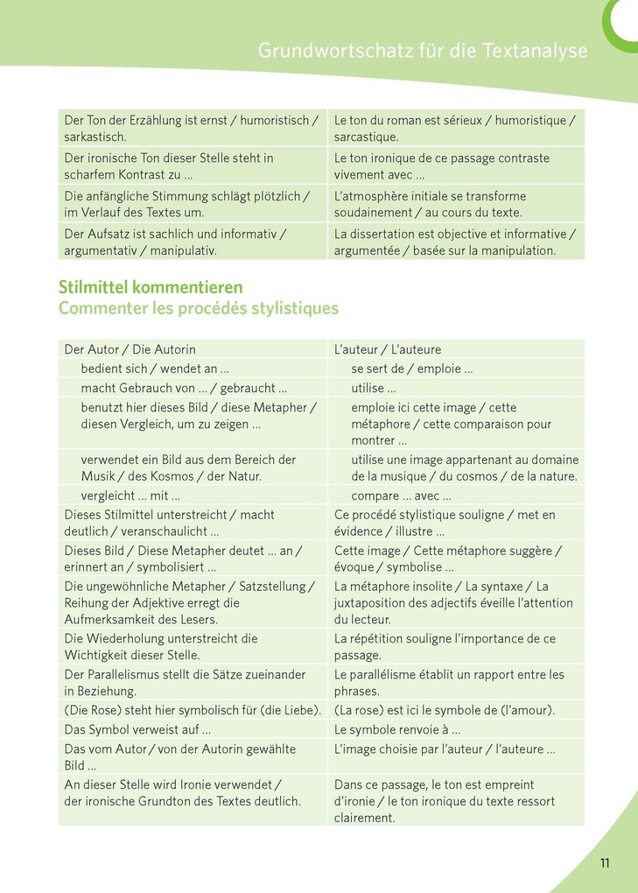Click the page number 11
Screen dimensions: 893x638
605,863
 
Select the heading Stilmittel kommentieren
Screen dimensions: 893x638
151,287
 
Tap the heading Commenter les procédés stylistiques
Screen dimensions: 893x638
199,308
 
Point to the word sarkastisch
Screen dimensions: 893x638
95,137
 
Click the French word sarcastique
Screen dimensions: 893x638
367,137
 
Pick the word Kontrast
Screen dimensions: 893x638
136,174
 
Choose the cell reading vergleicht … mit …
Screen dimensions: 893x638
130,496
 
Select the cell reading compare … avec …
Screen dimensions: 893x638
401,496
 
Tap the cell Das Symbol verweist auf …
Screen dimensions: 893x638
137,728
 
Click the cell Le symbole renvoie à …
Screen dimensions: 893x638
397,728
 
